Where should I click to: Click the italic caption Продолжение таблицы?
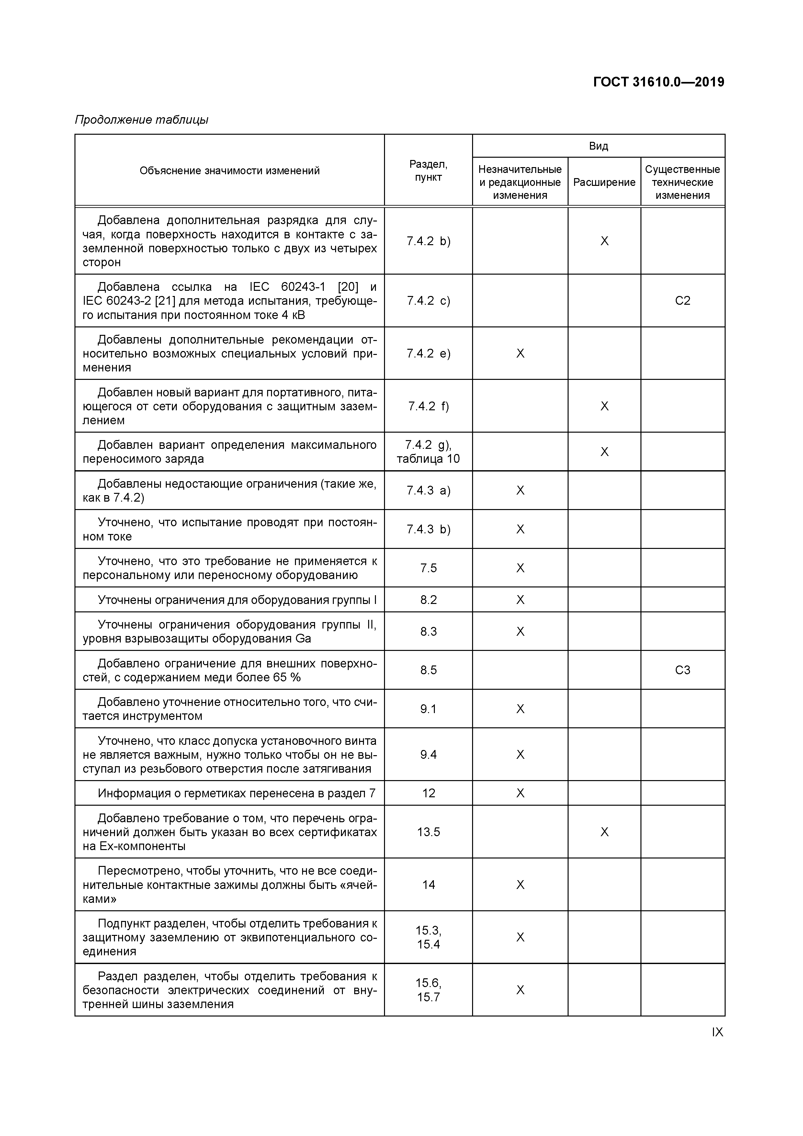click(x=141, y=120)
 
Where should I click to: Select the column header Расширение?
click(x=604, y=182)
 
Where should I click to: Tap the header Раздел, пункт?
click(x=428, y=171)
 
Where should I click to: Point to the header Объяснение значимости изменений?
click(x=230, y=171)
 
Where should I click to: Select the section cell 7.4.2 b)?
click(x=428, y=241)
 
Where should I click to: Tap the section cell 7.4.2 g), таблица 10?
click(x=428, y=452)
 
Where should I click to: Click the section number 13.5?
click(x=428, y=832)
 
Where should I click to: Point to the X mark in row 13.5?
click(x=604, y=832)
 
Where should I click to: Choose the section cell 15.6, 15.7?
click(x=428, y=990)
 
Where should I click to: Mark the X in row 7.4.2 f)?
click(x=604, y=406)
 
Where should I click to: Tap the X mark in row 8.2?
click(x=520, y=600)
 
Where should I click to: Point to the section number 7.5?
click(x=428, y=568)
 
